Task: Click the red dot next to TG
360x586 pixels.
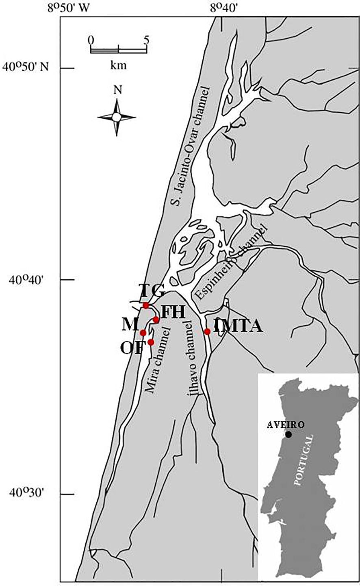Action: [146, 305]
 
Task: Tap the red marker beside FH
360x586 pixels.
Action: [156, 320]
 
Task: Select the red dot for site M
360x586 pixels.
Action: [143, 333]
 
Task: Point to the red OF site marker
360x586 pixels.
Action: [151, 342]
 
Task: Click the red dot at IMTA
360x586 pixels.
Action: [207, 331]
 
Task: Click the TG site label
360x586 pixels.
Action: [152, 291]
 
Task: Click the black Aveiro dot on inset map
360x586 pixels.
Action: [288, 434]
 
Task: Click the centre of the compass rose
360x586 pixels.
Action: [117, 117]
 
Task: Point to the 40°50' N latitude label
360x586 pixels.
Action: [26, 66]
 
